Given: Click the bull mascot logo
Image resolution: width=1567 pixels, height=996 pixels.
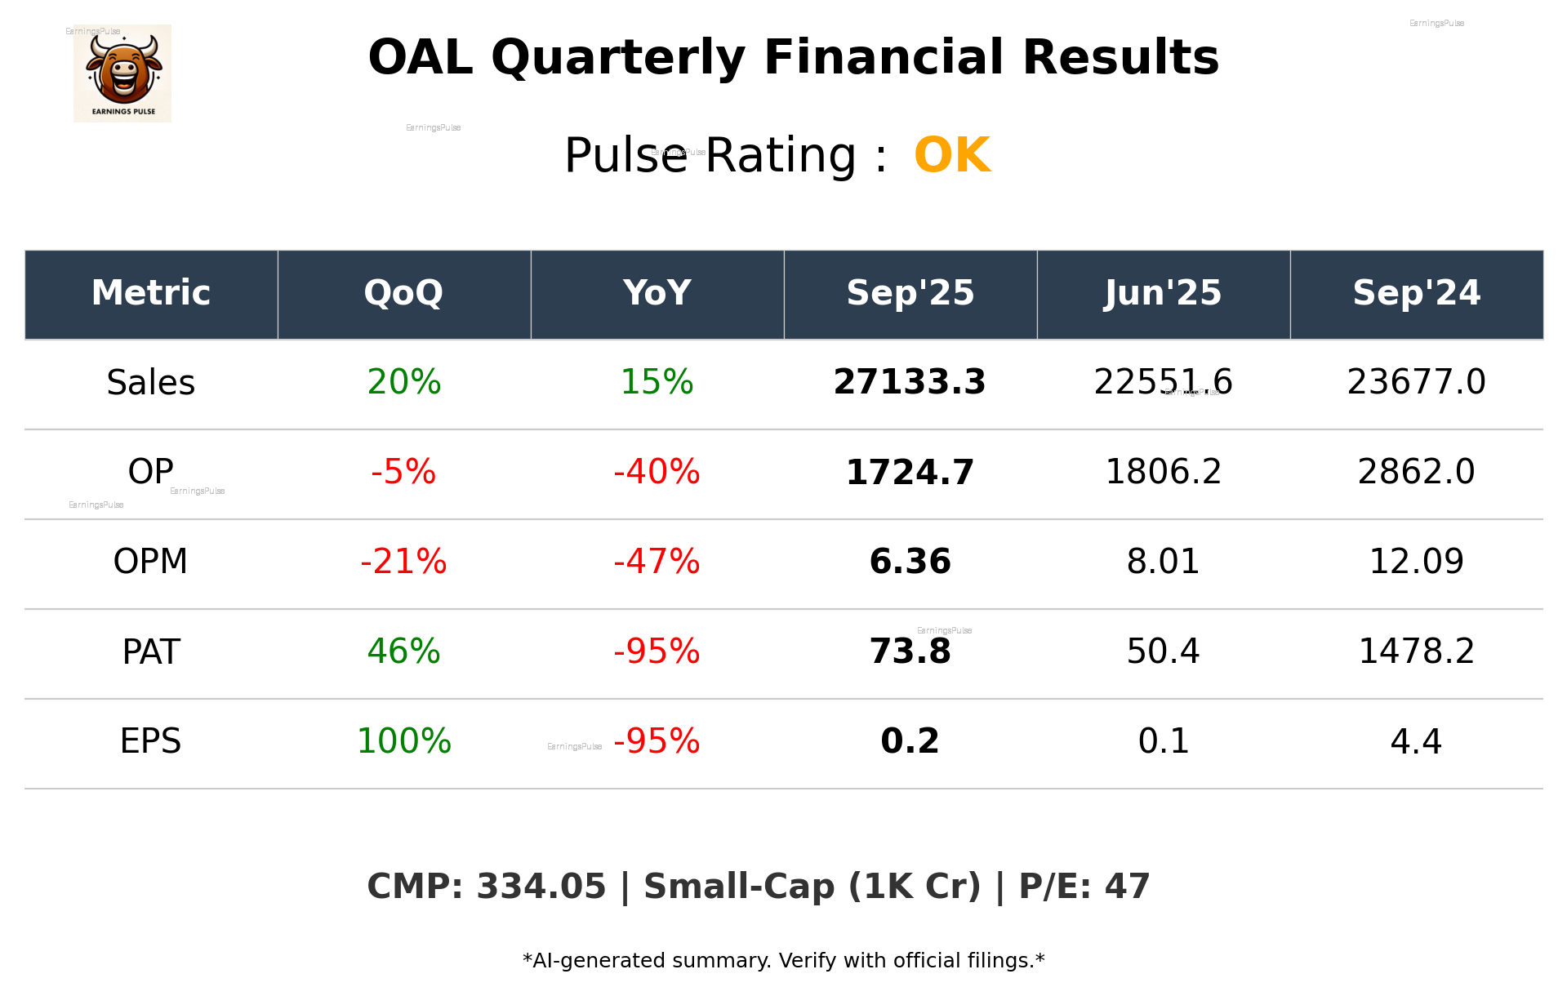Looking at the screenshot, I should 122,73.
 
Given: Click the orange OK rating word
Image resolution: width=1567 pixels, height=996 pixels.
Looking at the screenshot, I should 951,155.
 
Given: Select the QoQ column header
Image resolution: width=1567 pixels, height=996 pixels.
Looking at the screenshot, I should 403,293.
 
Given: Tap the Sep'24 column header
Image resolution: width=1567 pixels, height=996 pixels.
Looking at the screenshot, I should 1416,293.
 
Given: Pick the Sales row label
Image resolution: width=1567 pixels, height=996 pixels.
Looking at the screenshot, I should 151,383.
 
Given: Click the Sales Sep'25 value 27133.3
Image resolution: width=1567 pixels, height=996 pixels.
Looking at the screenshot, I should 910,383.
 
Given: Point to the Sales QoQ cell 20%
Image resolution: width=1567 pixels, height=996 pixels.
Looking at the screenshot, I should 403,383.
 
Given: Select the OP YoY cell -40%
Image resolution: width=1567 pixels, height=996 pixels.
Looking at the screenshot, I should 657,473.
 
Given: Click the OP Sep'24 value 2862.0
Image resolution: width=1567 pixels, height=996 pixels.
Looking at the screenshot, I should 1416,473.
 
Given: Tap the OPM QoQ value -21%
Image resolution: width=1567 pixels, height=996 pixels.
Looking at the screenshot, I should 403,562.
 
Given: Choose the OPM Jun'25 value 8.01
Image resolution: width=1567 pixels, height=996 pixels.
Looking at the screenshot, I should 1163,562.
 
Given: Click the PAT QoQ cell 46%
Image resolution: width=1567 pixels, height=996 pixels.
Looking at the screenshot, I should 403,652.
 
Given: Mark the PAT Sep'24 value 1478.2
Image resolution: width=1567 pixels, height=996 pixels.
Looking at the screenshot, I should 1416,652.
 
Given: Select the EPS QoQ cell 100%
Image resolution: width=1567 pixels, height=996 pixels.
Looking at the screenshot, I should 403,742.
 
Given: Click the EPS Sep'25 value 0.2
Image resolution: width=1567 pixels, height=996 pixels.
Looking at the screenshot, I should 910,742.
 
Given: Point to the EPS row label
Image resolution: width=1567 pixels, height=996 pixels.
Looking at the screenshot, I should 151,742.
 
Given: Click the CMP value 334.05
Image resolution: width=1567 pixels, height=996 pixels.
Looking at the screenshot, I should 541,887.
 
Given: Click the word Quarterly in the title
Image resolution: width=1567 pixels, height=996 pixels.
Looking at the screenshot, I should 618,59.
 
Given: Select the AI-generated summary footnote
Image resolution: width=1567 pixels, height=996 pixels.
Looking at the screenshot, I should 783,961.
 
